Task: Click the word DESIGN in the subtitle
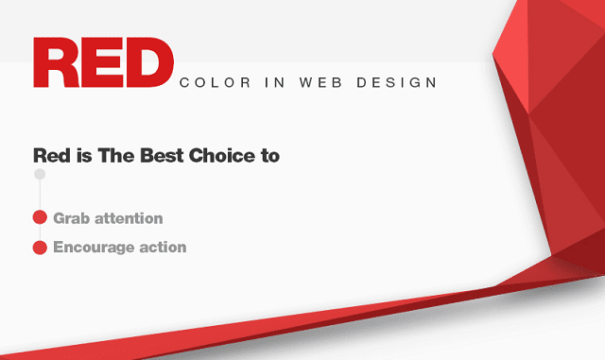[400, 83]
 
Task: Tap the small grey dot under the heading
[40, 175]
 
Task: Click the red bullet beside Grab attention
[40, 218]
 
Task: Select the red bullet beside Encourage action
[40, 248]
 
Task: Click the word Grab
[70, 218]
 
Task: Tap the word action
[161, 248]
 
